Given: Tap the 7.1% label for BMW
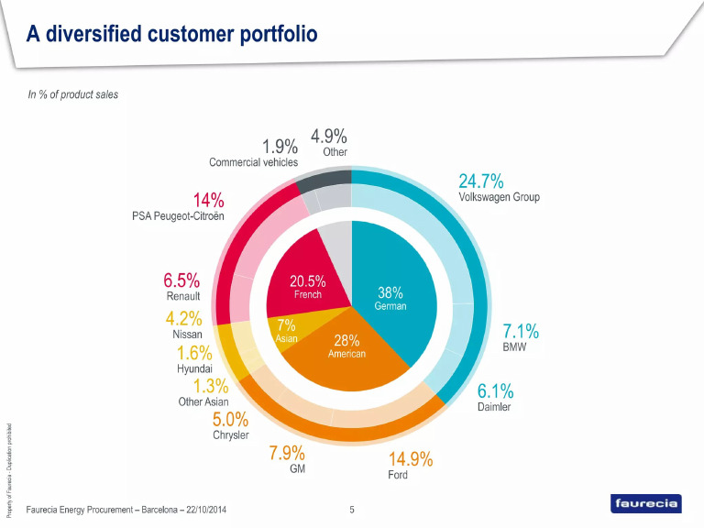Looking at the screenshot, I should [520, 331].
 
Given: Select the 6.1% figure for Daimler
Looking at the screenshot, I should [495, 390].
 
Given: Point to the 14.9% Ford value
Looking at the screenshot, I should [410, 458].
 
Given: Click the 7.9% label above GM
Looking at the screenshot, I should [287, 453].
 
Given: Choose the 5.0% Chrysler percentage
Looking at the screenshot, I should [230, 419].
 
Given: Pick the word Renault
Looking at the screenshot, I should [183, 296].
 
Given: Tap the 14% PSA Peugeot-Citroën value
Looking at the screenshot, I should [208, 200].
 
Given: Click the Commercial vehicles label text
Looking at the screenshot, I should [253, 162].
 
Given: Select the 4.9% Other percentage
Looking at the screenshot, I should [328, 136].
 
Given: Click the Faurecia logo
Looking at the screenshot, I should [645, 503].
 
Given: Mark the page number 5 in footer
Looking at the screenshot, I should [352, 509].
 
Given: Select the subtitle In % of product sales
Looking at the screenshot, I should [72, 94].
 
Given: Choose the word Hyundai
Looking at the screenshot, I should [194, 368].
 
